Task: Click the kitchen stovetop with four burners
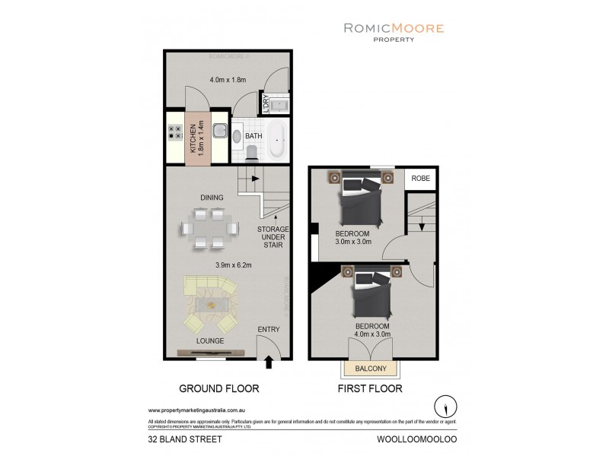click(173, 136)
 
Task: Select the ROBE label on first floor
click(421, 179)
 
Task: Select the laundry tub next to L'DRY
click(279, 106)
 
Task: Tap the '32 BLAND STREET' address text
click(177, 439)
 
